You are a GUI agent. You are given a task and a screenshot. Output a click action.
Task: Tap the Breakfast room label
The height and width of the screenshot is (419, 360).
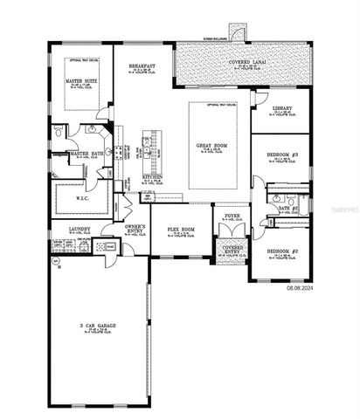(142, 66)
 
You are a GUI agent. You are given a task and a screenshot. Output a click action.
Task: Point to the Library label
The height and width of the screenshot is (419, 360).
(282, 109)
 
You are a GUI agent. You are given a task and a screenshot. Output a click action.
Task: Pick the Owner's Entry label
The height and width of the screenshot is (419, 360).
(135, 227)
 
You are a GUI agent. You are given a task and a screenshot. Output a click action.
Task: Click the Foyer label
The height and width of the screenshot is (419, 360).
(232, 215)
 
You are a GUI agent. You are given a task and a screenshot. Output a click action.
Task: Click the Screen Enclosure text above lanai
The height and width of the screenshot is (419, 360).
(215, 39)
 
